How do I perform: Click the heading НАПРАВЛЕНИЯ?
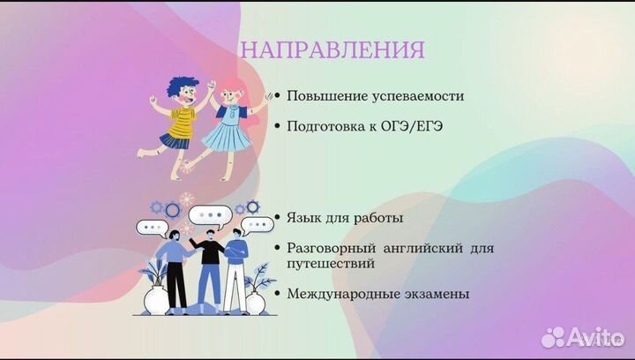point(332,49)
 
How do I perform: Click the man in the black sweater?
point(209,265)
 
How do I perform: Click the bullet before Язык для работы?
point(279,217)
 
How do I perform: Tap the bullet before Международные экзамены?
point(279,294)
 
